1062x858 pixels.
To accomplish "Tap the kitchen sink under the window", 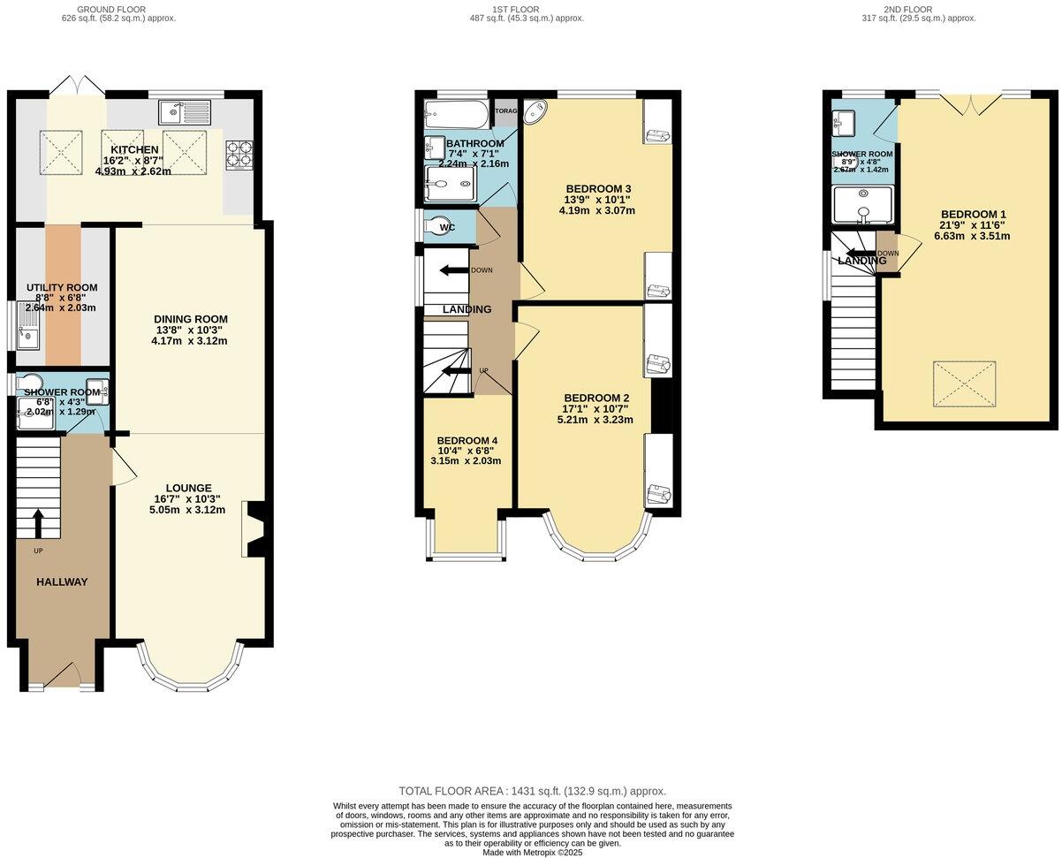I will click(185, 112).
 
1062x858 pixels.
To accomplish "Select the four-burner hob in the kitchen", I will click(239, 155).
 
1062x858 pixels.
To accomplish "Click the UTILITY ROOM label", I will click(62, 288).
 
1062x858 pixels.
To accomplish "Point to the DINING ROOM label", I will click(190, 320).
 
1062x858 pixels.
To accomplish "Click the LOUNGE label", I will click(188, 488).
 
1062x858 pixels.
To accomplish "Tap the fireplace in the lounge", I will click(254, 529).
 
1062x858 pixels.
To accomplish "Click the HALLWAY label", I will click(62, 582).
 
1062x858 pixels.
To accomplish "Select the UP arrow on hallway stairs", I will click(38, 522).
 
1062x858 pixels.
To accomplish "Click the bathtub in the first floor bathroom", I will click(455, 113).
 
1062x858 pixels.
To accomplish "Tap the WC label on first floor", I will click(447, 228).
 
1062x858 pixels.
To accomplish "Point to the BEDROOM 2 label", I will click(596, 399).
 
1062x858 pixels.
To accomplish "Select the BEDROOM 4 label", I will click(467, 441).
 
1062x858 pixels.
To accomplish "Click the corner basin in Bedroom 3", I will click(535, 113).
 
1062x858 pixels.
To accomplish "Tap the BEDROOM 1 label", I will click(973, 215).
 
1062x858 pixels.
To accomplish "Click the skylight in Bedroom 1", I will click(964, 383).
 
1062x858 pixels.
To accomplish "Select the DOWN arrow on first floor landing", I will click(453, 270).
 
